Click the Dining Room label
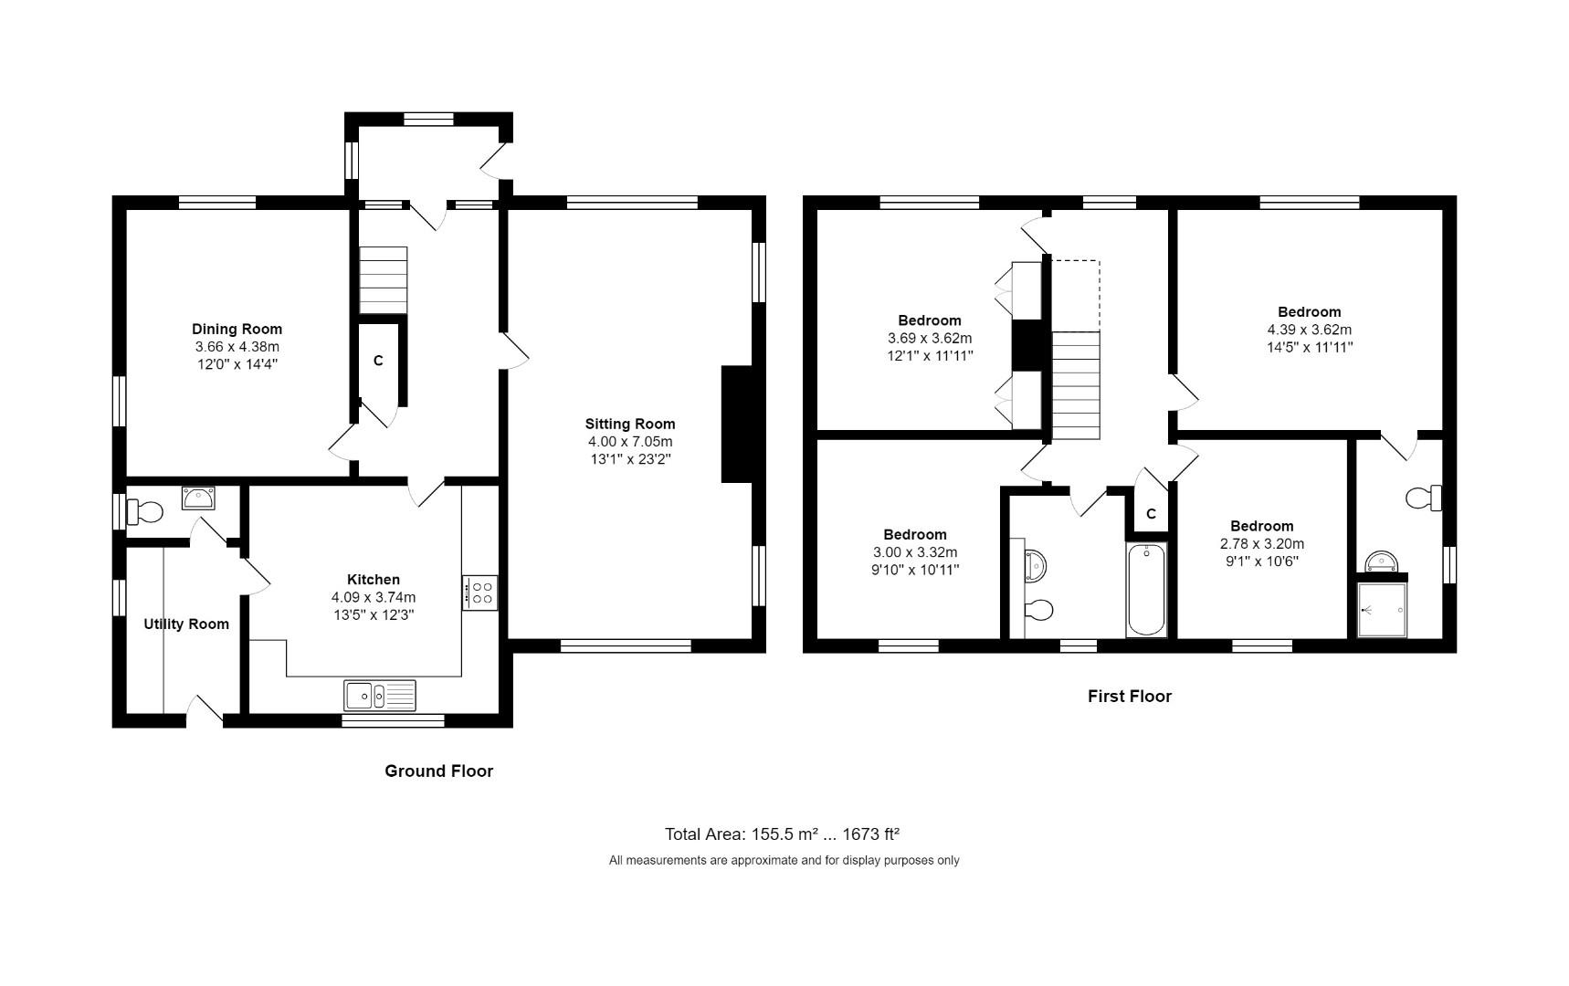coord(237,329)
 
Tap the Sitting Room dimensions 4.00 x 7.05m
coord(630,441)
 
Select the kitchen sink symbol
coord(379,696)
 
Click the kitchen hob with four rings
coord(480,593)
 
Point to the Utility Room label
coord(186,624)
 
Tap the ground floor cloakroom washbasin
coord(198,498)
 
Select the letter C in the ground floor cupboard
coord(378,362)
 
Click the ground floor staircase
coord(383,279)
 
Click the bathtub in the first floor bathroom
coord(1146,590)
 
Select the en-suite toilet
coord(1423,498)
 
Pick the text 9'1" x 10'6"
coord(1261,561)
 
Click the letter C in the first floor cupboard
coord(1151,514)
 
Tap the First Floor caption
coord(1129,696)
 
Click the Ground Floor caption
coord(438,771)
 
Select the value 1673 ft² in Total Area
coord(869,834)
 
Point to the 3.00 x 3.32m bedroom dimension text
coord(914,552)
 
